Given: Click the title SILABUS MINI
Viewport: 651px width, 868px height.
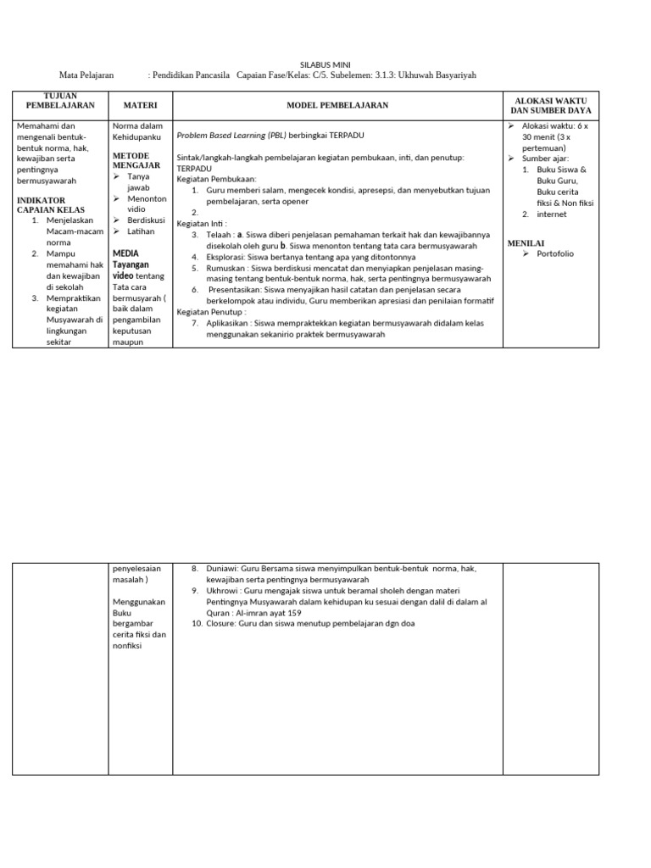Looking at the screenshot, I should (x=325, y=64).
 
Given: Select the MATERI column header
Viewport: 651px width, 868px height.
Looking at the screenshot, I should (x=141, y=105).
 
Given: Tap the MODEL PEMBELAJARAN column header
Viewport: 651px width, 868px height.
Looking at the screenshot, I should (x=337, y=105).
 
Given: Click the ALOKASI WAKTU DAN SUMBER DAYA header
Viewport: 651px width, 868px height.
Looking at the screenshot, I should (x=550, y=105).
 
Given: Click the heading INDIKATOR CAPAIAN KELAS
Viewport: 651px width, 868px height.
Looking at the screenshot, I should (x=47, y=205).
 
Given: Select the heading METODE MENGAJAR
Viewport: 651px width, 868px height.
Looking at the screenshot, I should (x=136, y=160).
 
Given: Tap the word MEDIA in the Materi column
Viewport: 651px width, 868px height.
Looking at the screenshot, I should (x=125, y=253).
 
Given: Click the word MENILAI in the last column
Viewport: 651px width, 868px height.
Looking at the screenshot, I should (x=526, y=243).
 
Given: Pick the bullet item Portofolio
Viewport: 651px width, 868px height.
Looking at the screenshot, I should (x=555, y=253).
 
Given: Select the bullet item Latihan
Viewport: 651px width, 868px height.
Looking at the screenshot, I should (x=142, y=231).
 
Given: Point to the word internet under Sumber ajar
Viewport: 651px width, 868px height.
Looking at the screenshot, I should (x=552, y=214).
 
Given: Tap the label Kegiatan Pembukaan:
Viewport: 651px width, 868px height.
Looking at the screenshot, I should (x=210, y=180).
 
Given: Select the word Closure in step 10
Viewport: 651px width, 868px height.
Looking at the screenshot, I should (x=224, y=624).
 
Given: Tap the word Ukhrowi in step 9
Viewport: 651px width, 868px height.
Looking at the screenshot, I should (x=224, y=591).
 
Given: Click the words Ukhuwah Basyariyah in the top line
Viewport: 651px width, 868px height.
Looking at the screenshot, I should (x=437, y=75).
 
